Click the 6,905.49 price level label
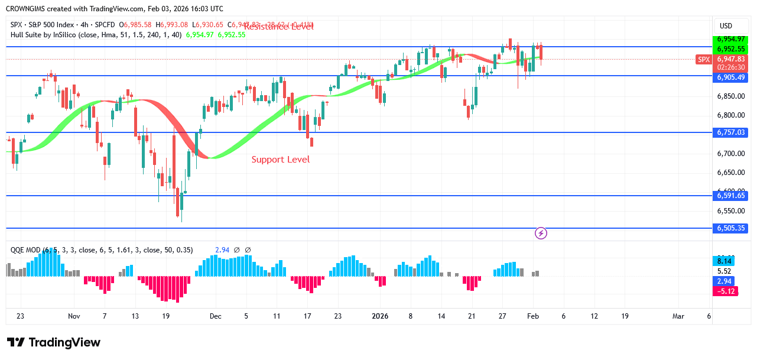point(732,77)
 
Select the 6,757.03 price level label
point(732,132)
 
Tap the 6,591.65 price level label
point(732,196)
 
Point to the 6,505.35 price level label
point(732,228)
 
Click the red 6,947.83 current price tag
point(732,60)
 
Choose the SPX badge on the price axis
point(703,60)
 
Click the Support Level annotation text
point(281,160)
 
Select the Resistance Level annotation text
point(278,27)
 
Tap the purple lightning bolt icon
point(541,233)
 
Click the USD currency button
point(725,26)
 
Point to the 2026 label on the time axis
point(379,316)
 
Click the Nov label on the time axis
point(74,316)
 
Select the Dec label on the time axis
point(215,316)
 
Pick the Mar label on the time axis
point(678,316)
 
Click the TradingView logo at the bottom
point(54,343)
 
